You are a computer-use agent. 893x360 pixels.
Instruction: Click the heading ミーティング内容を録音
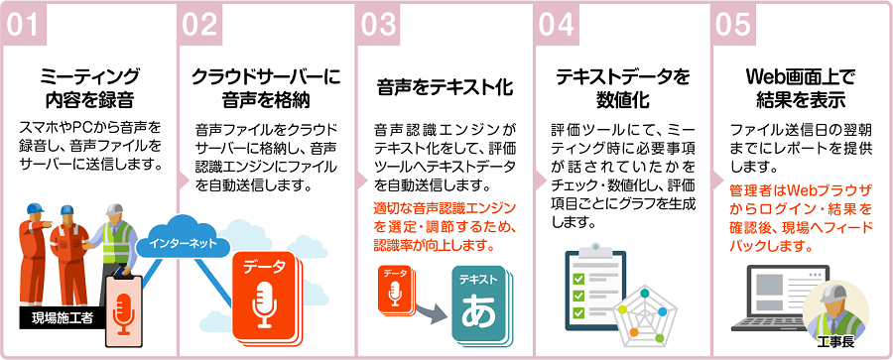click(90, 87)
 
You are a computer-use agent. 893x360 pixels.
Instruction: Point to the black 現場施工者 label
click(59, 318)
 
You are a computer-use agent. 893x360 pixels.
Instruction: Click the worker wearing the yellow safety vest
click(117, 238)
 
